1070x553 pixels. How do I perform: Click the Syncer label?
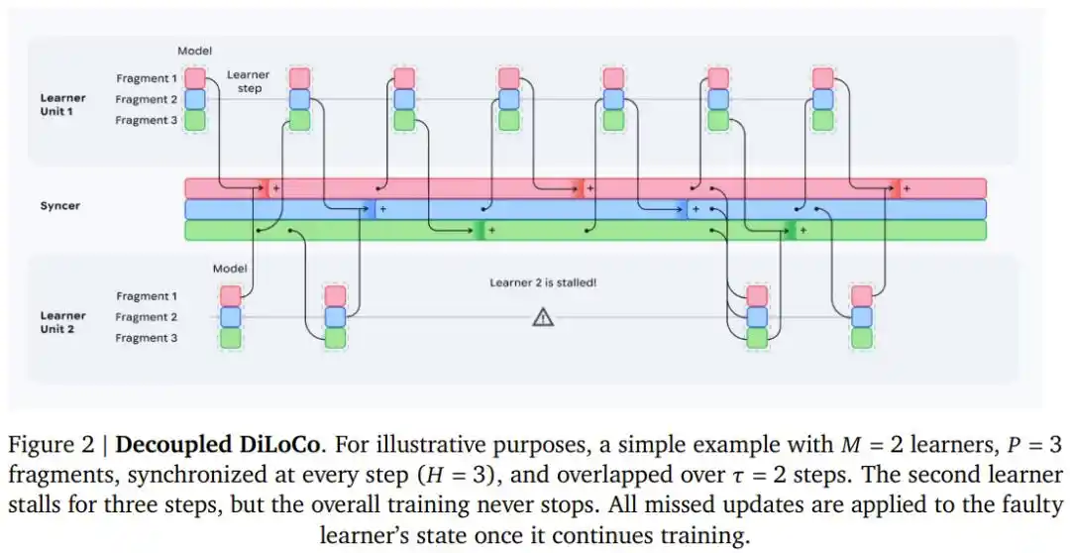59,207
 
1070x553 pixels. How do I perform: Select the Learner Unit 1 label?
62,104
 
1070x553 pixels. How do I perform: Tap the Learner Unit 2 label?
62,322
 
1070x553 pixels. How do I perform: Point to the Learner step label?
248,81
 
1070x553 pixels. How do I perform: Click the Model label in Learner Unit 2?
230,269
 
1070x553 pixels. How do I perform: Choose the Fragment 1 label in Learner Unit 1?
147,77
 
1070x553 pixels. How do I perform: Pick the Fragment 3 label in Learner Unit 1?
147,120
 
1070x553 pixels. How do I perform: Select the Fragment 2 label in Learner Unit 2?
147,317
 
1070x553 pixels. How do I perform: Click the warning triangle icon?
542,317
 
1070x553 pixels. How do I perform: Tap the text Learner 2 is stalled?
543,282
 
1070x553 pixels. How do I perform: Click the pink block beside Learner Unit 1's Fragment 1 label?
195,77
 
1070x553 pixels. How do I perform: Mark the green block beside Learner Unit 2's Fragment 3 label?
231,338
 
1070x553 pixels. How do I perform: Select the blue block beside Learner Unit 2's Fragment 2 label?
231,317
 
